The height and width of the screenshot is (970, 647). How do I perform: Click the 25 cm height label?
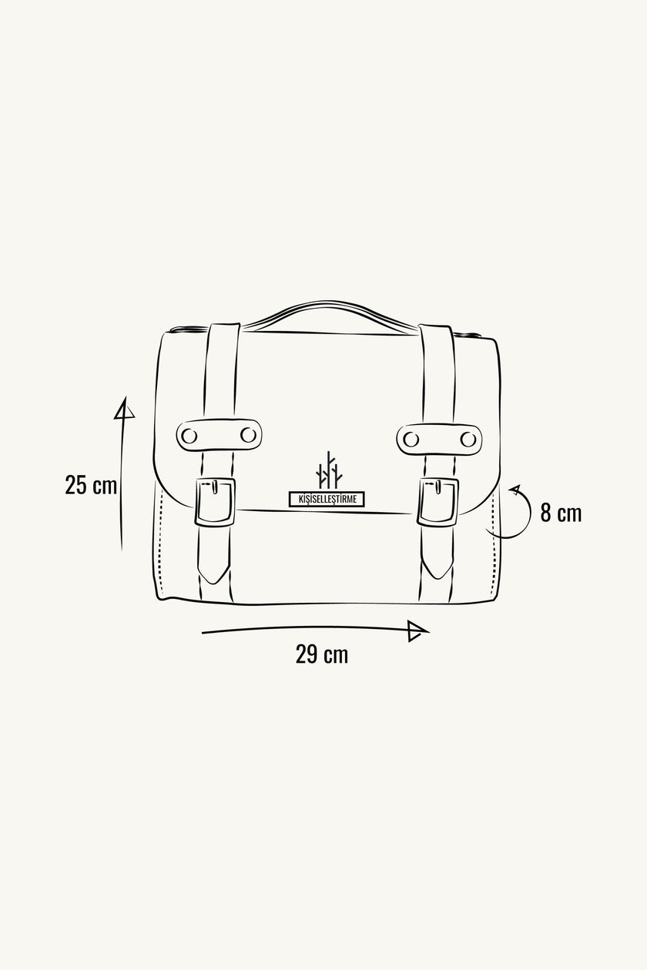click(91, 486)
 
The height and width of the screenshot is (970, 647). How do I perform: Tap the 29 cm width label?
click(321, 654)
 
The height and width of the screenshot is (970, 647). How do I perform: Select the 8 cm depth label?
click(560, 513)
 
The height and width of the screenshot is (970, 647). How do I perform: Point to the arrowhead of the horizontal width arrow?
click(417, 630)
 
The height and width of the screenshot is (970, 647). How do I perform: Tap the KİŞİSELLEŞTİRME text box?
click(327, 499)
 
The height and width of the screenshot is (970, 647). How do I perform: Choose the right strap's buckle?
click(438, 502)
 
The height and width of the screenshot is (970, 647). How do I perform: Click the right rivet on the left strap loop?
click(247, 435)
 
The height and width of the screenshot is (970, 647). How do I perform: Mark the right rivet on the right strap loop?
click(468, 439)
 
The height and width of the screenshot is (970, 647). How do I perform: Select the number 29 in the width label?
click(307, 654)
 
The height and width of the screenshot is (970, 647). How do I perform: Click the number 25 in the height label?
click(76, 486)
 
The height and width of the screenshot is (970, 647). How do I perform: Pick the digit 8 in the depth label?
click(545, 513)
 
